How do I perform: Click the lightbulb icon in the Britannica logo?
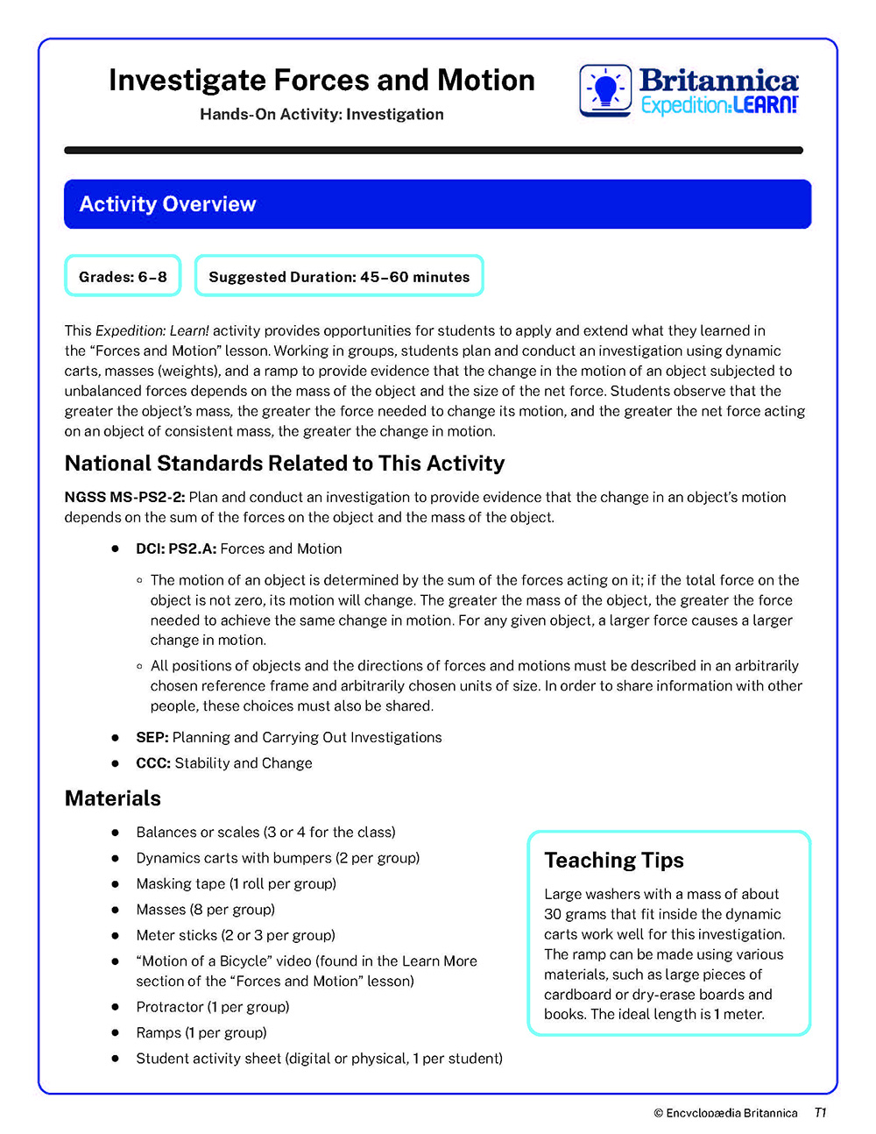605,90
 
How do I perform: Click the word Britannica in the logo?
718,81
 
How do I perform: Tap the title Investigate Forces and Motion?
321,81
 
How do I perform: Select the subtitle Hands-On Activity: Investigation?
321,114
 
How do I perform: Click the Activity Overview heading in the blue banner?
167,204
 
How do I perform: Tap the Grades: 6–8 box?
123,276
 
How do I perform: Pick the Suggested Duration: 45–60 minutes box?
339,276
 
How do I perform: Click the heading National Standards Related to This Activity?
285,463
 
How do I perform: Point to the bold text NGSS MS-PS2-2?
124,497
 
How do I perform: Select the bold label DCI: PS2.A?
176,549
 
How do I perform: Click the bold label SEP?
152,737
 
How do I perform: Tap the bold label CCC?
153,762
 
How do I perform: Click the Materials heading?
113,798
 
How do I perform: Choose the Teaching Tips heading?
614,860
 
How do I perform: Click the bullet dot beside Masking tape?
115,883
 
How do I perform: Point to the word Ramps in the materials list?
159,1032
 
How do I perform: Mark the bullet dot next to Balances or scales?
115,832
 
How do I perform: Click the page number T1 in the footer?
820,1112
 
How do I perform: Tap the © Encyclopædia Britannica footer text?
725,1113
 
